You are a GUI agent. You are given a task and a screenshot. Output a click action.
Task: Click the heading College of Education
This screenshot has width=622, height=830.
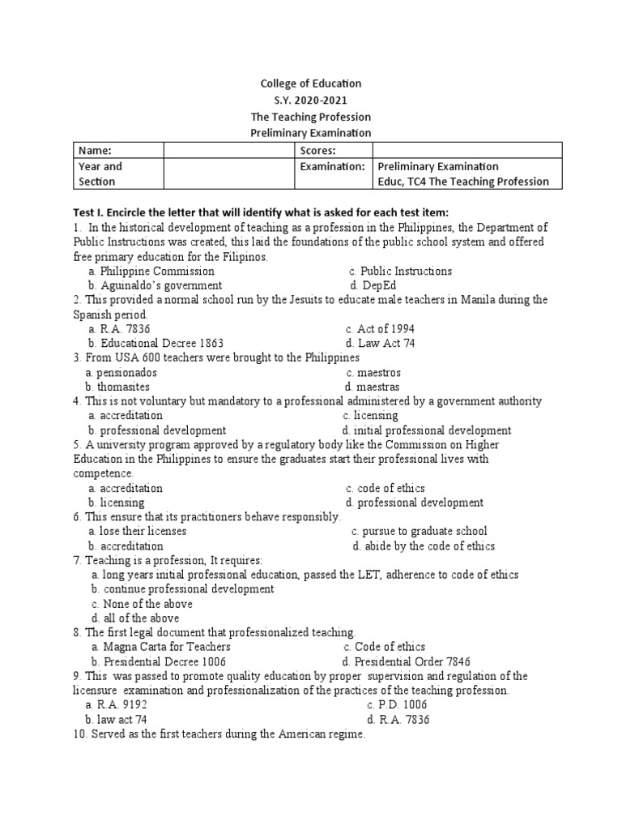point(310,83)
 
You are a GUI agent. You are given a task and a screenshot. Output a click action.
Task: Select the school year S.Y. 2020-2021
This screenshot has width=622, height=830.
point(310,100)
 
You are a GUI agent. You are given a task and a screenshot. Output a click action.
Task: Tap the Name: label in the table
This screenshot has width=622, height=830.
point(94,150)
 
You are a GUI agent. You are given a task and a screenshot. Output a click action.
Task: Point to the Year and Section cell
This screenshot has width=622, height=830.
point(117,173)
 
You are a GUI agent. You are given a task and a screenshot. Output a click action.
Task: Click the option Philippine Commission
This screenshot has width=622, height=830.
point(151,272)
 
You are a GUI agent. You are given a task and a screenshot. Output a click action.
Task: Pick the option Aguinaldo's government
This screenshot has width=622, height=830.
point(155,286)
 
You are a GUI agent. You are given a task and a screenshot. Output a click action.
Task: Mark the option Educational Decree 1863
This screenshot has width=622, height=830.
point(155,344)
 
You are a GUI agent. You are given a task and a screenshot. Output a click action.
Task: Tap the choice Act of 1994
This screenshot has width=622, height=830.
point(379,329)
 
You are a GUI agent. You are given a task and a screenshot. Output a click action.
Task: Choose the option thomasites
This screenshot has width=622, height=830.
point(117,387)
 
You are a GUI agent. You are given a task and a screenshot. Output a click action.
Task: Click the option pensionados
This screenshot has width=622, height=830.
point(121,373)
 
